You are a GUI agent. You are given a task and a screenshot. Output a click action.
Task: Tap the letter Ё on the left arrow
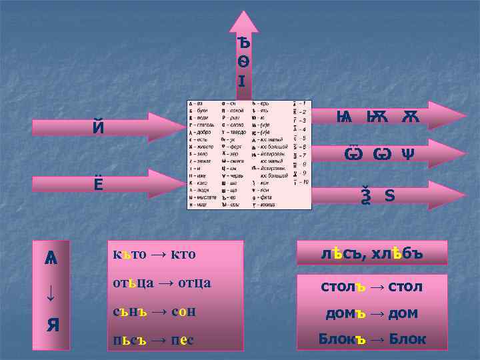point(98,182)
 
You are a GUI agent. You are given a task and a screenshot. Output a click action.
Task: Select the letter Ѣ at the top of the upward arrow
point(244,43)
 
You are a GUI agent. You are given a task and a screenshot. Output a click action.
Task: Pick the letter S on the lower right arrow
point(389,197)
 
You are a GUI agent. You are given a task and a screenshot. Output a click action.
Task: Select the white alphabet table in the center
point(249,155)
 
